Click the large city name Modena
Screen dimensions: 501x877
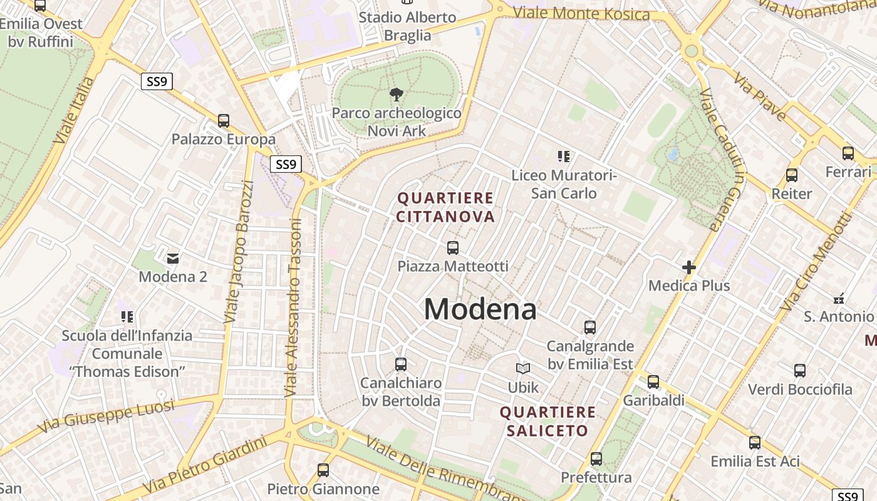pos(480,309)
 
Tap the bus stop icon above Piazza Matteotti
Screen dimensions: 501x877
pos(453,248)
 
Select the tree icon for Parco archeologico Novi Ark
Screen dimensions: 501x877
pos(396,95)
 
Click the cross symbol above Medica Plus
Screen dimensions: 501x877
pos(689,267)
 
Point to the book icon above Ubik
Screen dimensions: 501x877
pos(523,369)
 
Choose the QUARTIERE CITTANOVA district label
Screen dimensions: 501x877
pos(446,207)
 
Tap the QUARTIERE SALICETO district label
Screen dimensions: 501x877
pos(547,421)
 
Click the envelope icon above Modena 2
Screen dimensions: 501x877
pos(173,258)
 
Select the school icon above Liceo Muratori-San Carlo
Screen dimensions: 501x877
pos(564,157)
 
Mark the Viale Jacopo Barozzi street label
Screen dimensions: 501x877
pos(240,252)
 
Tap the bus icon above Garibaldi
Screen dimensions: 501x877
pos(653,381)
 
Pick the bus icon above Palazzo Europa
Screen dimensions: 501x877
pos(224,121)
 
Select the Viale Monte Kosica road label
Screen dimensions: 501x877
pos(581,13)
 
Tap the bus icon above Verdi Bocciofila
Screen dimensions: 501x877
pos(800,371)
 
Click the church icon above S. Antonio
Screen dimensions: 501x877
pos(839,299)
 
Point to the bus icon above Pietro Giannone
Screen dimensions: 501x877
pos(323,470)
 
